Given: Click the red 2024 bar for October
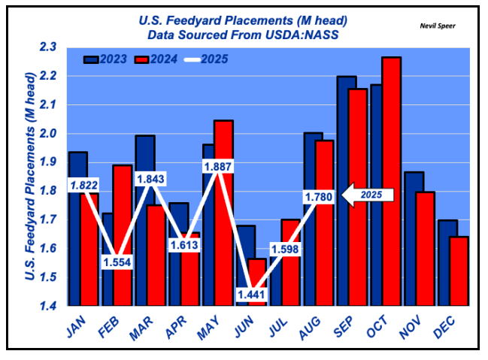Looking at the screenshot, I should click(x=391, y=180).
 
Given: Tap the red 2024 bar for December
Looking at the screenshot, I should click(x=459, y=271).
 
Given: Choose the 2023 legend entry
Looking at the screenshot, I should click(x=103, y=58).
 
